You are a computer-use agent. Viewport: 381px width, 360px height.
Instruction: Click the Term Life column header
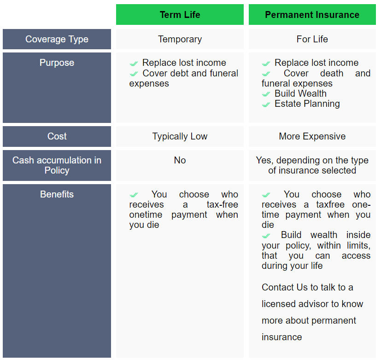coord(180,15)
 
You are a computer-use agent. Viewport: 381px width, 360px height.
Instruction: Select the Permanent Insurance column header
coord(312,15)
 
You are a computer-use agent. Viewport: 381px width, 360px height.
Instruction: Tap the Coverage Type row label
coord(57,39)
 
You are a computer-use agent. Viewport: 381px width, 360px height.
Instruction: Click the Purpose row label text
coord(57,63)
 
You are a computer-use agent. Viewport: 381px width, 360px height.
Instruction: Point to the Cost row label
coord(57,136)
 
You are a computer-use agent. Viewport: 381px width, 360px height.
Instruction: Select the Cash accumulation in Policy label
coord(57,165)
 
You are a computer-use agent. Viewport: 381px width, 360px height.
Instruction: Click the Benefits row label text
coord(57,194)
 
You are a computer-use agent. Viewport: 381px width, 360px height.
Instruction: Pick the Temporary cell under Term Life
coord(180,39)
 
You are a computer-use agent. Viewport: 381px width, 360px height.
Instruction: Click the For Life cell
coord(312,39)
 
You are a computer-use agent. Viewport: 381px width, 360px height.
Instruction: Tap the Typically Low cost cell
coord(180,136)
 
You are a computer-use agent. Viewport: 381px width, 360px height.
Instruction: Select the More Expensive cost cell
coord(312,136)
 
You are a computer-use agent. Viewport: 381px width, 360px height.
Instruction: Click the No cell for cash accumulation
coord(180,165)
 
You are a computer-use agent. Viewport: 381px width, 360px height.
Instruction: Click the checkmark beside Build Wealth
coord(266,94)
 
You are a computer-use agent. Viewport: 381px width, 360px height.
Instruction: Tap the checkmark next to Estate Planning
coord(266,105)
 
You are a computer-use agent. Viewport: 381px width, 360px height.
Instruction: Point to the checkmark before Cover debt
coord(134,74)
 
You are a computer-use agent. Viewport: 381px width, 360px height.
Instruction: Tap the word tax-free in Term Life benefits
coord(223,204)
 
